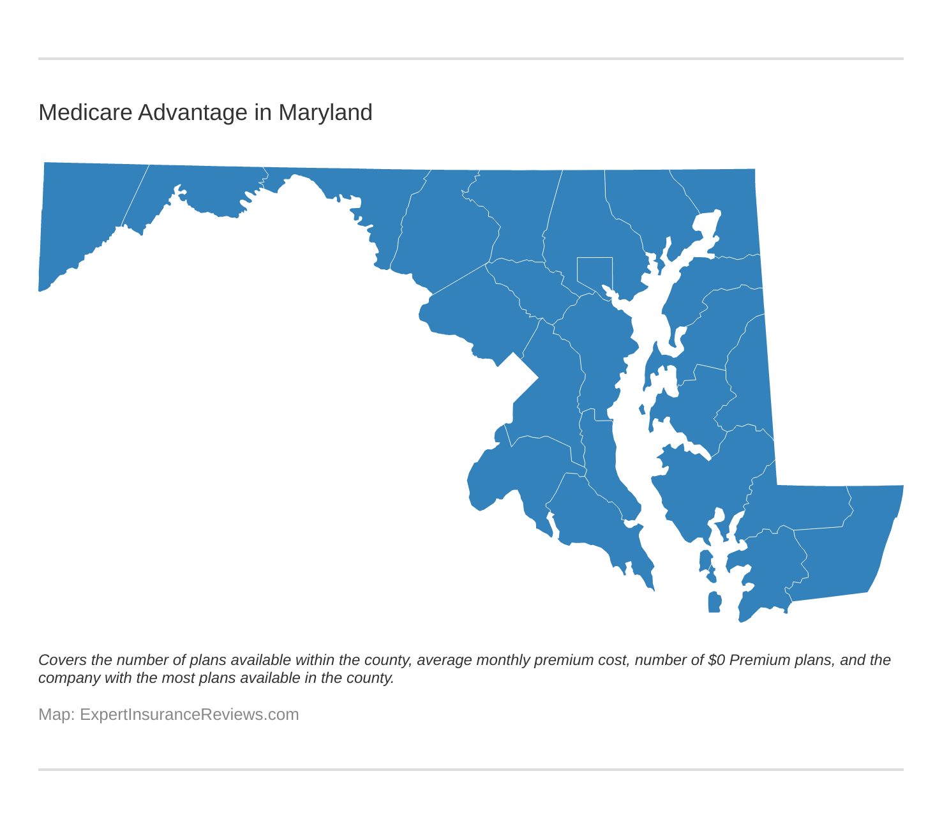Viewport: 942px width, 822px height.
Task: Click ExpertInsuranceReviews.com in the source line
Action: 190,714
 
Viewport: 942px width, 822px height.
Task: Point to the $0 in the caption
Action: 716,660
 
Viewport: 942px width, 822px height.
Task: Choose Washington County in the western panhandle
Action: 357,191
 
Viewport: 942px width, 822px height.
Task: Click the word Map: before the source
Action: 57,714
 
